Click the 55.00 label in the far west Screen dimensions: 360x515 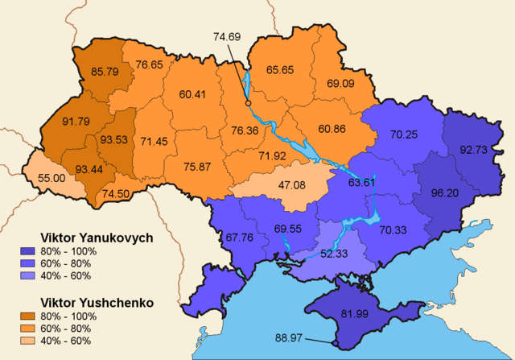[42, 176]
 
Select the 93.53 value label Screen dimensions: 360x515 [113, 140]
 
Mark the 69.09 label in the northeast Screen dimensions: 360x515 [345, 83]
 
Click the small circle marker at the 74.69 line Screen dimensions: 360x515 [248, 104]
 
